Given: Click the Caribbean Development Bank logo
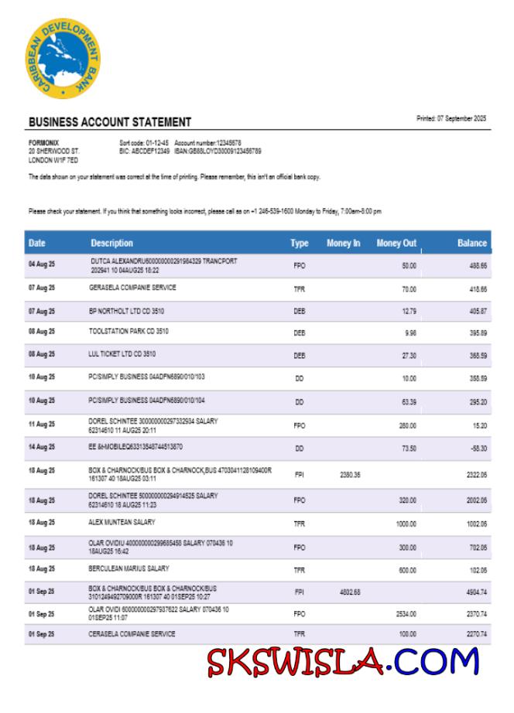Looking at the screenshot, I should [x=62, y=59].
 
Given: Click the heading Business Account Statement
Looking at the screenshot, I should [x=110, y=122].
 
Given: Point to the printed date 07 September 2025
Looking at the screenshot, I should [x=451, y=118].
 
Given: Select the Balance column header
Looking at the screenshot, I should [x=471, y=243].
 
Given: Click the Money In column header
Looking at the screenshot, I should [x=343, y=243].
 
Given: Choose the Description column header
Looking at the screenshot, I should [x=111, y=243].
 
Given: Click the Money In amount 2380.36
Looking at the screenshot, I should [x=350, y=474].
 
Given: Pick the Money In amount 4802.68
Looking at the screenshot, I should [x=350, y=592].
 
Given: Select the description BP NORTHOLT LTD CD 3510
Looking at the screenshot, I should [x=126, y=310].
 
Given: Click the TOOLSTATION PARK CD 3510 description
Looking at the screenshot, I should [x=128, y=331].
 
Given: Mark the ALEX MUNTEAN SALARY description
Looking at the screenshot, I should [x=122, y=522].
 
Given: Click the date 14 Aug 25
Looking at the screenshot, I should [x=42, y=447].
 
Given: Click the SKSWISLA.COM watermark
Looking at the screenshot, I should [x=343, y=663].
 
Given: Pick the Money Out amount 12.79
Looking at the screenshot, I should [x=409, y=311].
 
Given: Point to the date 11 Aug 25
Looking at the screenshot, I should [x=42, y=425].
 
